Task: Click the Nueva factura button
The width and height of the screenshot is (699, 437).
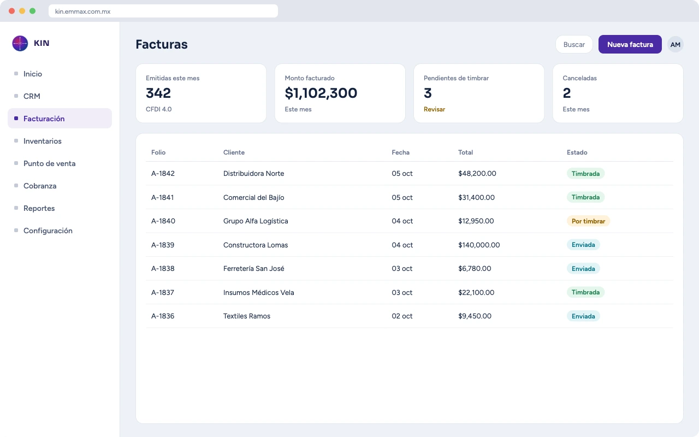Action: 630,44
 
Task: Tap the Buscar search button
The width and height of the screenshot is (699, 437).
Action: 574,44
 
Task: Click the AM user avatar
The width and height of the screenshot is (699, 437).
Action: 676,44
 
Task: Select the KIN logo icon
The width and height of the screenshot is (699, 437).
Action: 20,43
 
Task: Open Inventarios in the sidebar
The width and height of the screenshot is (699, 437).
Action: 43,141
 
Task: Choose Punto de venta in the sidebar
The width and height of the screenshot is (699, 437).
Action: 49,163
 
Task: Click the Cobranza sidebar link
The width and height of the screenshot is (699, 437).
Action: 40,186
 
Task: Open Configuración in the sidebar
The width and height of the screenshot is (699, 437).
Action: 48,231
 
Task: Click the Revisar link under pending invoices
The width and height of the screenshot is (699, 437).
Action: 434,109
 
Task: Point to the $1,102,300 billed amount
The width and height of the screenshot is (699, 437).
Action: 321,93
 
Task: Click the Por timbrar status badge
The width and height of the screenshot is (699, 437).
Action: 588,221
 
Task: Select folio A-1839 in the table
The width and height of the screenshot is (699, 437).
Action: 163,245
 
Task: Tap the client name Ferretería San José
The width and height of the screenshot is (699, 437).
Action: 254,268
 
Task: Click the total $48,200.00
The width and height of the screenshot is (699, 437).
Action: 477,174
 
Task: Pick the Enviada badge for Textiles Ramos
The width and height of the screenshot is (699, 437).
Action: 583,316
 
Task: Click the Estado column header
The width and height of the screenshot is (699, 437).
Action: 577,152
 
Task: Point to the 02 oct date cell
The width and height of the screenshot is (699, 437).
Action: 402,316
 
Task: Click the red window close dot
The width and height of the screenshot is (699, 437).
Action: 12,11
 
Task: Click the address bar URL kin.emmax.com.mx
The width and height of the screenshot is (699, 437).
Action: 82,11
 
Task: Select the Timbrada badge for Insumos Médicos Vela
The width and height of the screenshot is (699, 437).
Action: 585,292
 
